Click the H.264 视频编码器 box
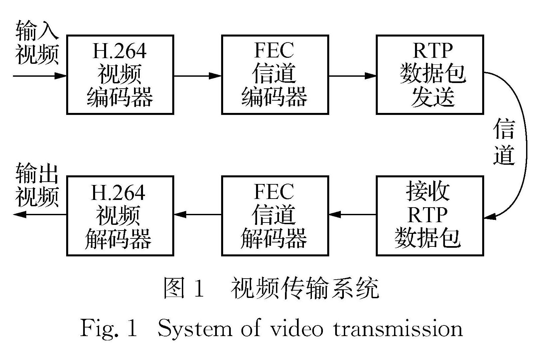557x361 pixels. [x=120, y=75]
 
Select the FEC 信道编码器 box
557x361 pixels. [x=275, y=75]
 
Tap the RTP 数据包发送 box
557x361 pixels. [x=430, y=75]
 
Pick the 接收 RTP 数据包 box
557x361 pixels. [x=430, y=216]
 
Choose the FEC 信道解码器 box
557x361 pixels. [x=275, y=216]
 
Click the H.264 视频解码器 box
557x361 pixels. [x=120, y=216]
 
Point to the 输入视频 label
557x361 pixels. [x=37, y=43]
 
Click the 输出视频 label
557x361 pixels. [x=37, y=185]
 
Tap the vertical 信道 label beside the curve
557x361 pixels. [x=504, y=143]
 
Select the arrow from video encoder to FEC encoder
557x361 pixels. [x=198, y=76]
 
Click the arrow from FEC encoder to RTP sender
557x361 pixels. [x=352, y=76]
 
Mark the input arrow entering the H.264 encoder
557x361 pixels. [x=40, y=76]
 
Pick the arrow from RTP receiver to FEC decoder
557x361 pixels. [x=352, y=215]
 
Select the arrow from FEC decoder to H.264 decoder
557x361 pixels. [x=198, y=215]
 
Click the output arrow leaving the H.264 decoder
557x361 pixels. [x=40, y=215]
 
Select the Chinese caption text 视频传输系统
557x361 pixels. [x=305, y=288]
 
